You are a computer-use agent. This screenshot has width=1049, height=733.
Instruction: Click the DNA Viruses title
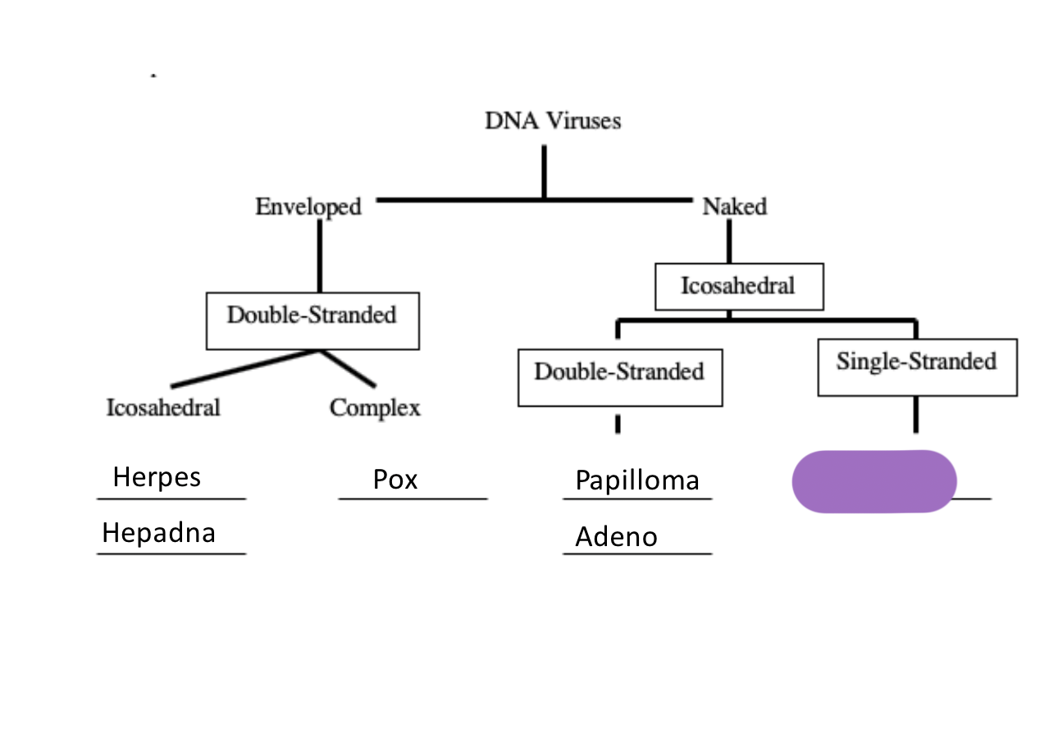pyautogui.click(x=553, y=121)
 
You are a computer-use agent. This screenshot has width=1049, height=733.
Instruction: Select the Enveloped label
pyautogui.click(x=308, y=207)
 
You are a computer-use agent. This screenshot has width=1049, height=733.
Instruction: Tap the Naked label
pyautogui.click(x=734, y=207)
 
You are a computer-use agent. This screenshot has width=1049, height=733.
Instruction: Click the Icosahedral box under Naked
pyautogui.click(x=738, y=286)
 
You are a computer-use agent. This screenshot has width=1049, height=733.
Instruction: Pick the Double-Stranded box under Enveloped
pyautogui.click(x=312, y=315)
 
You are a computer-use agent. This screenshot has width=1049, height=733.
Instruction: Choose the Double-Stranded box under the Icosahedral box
pyautogui.click(x=619, y=372)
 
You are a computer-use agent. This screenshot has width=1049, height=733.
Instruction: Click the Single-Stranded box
pyautogui.click(x=916, y=362)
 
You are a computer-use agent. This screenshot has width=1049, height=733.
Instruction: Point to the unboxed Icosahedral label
pyautogui.click(x=163, y=407)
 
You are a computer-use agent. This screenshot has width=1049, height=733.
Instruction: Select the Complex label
pyautogui.click(x=375, y=407)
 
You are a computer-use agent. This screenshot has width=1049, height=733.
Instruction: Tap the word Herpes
pyautogui.click(x=157, y=476)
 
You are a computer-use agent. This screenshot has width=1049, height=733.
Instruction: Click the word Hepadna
pyautogui.click(x=158, y=533)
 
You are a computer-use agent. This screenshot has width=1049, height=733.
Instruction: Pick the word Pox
pyautogui.click(x=395, y=479)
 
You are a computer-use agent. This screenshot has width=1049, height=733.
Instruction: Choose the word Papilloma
pyautogui.click(x=637, y=480)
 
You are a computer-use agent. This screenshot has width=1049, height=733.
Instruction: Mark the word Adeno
pyautogui.click(x=616, y=537)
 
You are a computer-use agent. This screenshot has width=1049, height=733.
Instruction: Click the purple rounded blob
pyautogui.click(x=874, y=481)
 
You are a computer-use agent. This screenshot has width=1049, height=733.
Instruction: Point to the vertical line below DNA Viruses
pyautogui.click(x=543, y=171)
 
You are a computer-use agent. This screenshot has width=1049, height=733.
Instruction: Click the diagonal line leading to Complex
pyautogui.click(x=348, y=368)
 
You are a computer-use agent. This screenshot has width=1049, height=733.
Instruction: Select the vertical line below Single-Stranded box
pyautogui.click(x=915, y=415)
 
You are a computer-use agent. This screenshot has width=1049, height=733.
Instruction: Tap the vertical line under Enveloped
pyautogui.click(x=319, y=255)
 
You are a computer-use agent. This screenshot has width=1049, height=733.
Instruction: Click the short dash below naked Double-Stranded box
pyautogui.click(x=617, y=424)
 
